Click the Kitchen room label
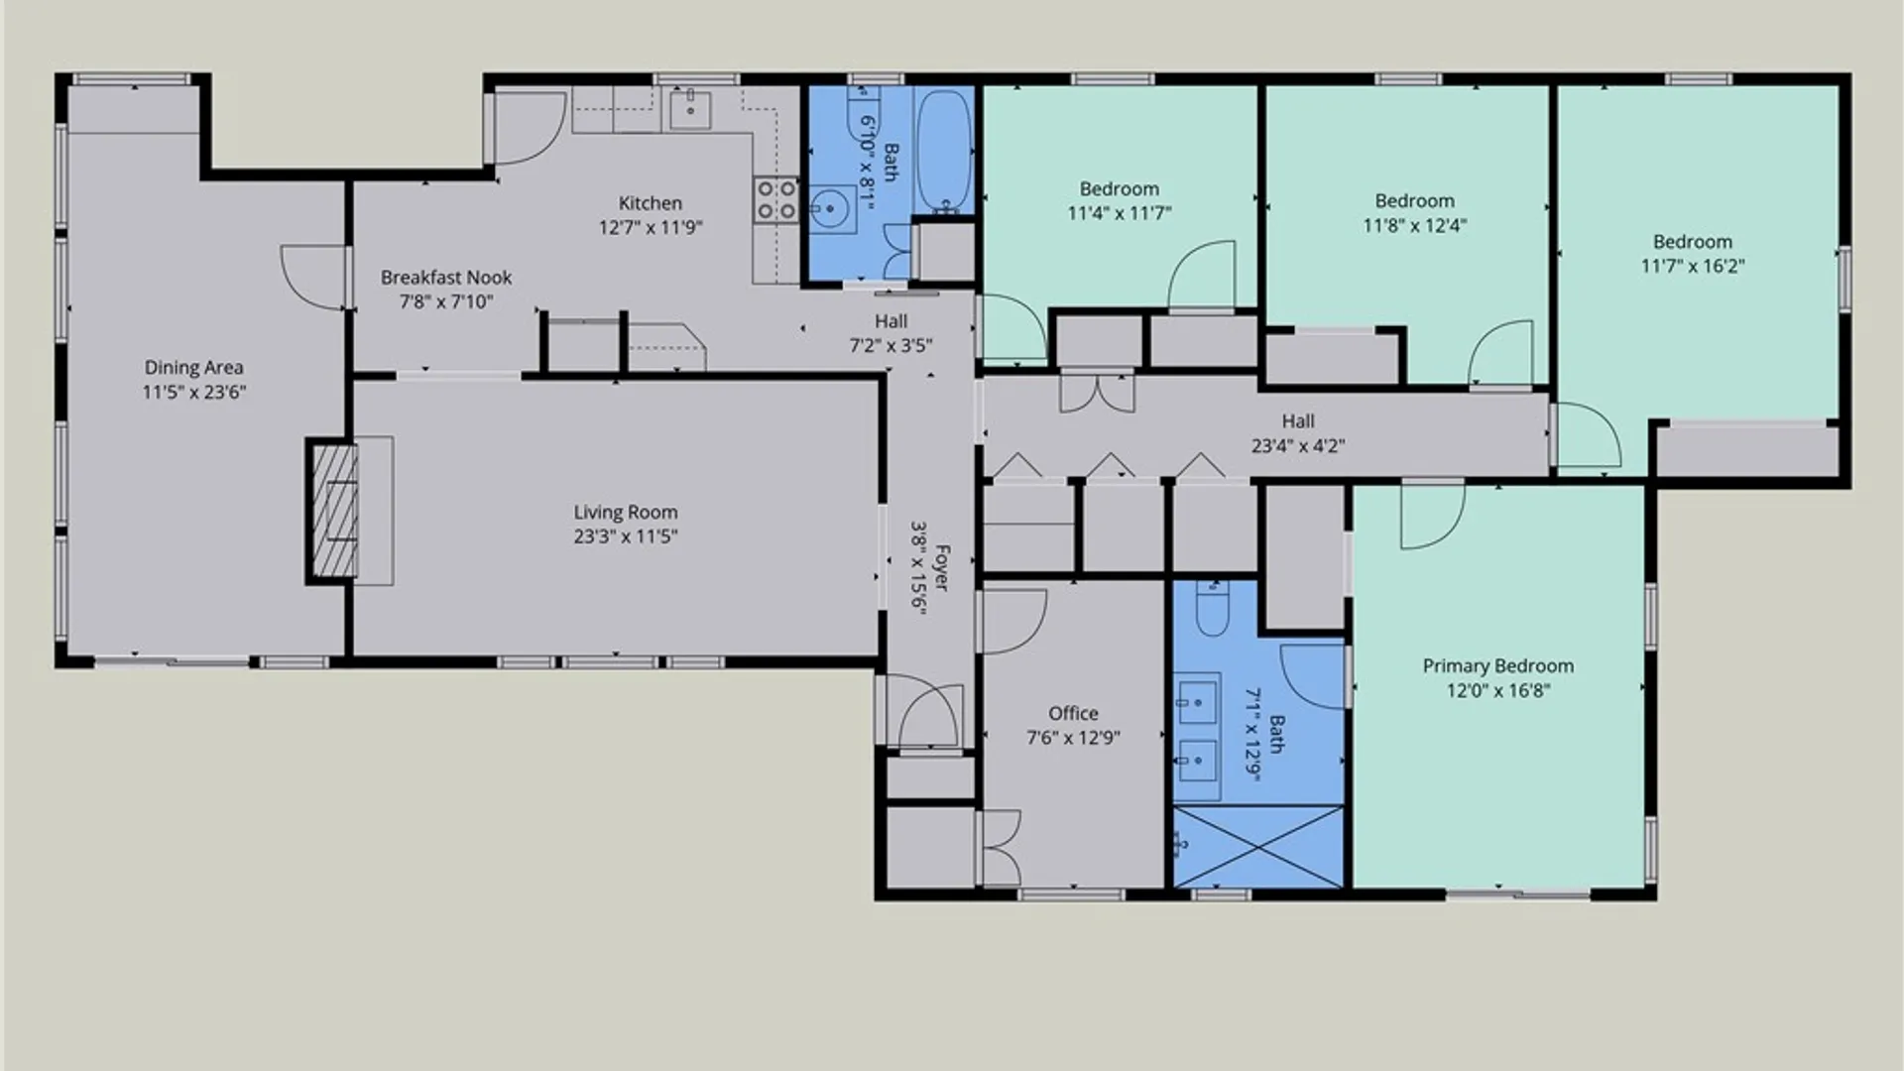tap(650, 203)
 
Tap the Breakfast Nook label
tap(446, 278)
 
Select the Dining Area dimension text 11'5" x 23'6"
tap(194, 392)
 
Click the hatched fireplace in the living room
tap(334, 511)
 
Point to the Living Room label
tap(626, 513)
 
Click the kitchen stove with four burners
tap(775, 198)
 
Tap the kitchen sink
tap(690, 109)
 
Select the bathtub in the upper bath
tap(943, 151)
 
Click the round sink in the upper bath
tap(830, 209)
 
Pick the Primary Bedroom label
tap(1498, 666)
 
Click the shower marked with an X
tap(1258, 847)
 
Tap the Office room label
tap(1073, 713)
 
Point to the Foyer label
tap(942, 567)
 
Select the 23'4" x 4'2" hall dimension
tap(1298, 446)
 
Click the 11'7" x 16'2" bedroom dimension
tap(1693, 266)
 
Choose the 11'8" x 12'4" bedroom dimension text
tap(1414, 225)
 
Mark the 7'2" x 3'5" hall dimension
tap(891, 346)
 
